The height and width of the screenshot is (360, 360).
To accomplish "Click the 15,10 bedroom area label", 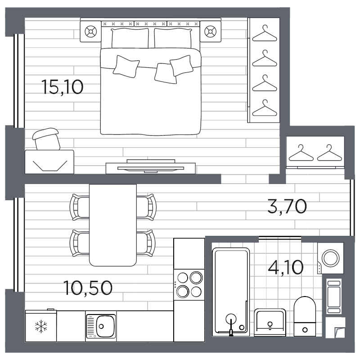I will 62,86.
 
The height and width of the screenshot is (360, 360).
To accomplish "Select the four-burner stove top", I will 189,283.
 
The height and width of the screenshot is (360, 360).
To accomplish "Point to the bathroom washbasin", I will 270,321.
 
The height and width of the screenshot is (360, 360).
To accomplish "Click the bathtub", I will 230,290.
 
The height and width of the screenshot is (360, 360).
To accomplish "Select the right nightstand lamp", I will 210,31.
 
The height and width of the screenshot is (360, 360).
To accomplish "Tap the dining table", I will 112,224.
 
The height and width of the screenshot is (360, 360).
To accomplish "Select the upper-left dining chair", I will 80,206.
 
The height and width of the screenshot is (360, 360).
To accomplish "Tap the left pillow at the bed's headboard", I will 130,38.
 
